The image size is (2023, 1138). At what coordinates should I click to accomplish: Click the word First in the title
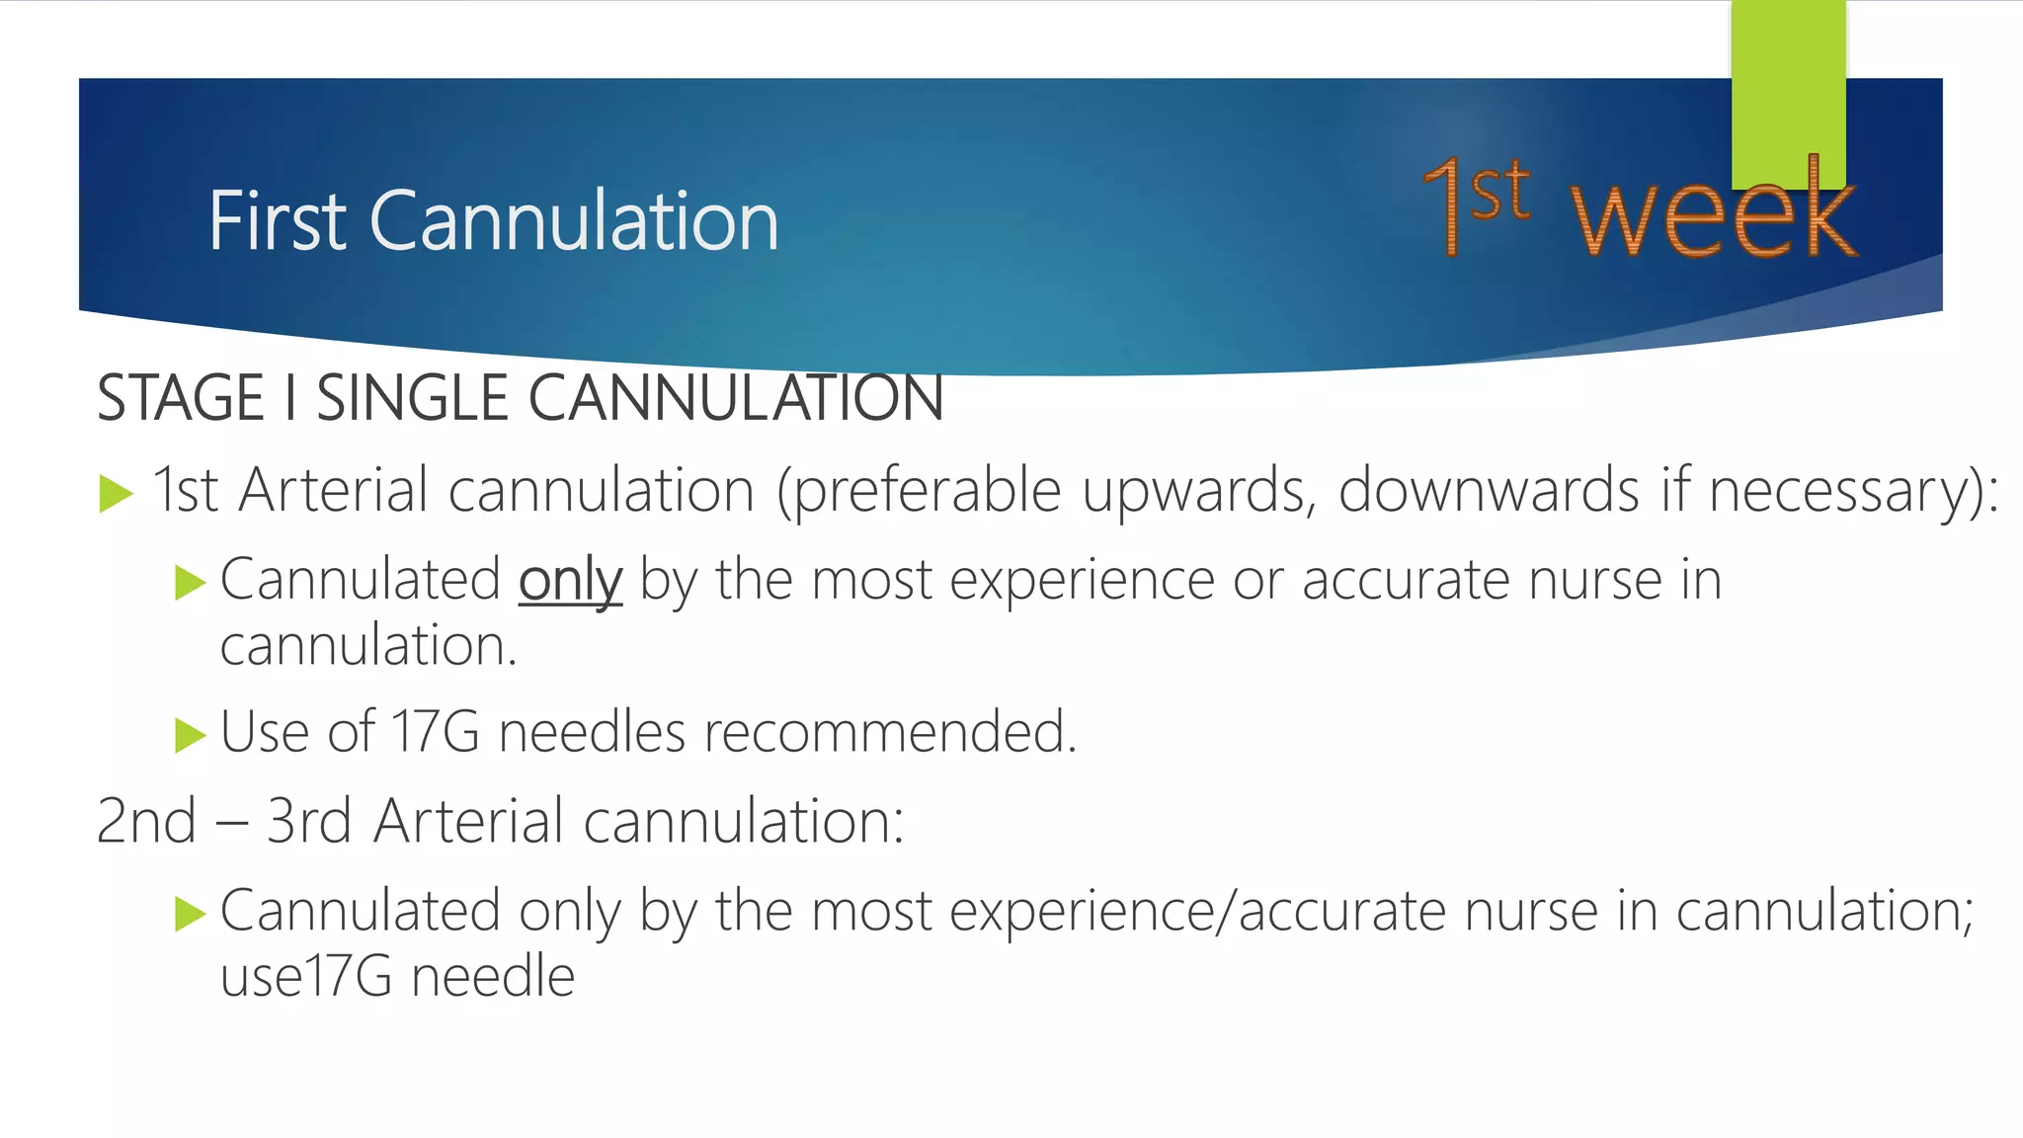[277, 221]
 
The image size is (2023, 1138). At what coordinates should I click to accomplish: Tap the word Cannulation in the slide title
[574, 221]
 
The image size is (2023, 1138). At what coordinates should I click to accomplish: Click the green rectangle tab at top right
[1788, 89]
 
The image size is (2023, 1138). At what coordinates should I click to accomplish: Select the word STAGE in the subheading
[181, 398]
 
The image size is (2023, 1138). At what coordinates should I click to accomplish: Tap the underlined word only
[570, 580]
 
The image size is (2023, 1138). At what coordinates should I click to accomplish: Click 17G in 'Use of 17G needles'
[436, 732]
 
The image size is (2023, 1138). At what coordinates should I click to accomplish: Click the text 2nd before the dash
[146, 821]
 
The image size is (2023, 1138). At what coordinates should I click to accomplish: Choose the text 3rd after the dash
[308, 821]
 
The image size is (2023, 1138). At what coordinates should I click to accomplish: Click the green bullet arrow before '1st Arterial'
[117, 493]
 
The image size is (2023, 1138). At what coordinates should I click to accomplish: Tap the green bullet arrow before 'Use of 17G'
[189, 735]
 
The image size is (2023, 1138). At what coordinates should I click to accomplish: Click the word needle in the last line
[493, 977]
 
